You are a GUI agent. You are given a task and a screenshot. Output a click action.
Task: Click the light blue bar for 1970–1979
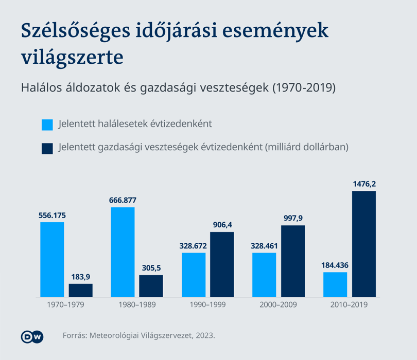[52, 259]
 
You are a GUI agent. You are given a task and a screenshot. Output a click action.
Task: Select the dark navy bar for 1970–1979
[81, 290]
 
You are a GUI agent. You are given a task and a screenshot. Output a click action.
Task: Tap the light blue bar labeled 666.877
[123, 252]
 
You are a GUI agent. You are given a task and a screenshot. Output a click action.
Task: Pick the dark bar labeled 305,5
[151, 286]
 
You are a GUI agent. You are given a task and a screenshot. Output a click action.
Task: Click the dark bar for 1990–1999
[222, 264]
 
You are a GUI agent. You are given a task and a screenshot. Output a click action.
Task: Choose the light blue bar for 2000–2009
[264, 275]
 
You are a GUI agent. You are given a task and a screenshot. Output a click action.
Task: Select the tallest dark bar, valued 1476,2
[364, 244]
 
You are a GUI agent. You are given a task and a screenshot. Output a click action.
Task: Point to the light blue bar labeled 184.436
[335, 284]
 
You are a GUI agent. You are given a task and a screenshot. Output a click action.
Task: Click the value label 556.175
[52, 215]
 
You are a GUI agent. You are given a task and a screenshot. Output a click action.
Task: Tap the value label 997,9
[293, 218]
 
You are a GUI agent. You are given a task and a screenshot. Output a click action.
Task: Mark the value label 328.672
[193, 246]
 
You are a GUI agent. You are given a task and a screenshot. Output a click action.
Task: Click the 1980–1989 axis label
[137, 304]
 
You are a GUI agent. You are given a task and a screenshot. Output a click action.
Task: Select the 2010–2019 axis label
[349, 304]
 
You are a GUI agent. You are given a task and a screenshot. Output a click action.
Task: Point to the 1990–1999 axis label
[207, 304]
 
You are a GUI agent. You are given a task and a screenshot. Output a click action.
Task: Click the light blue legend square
[47, 125]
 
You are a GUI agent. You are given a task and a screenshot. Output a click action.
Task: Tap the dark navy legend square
[47, 149]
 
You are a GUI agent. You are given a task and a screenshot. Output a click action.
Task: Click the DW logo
[32, 337]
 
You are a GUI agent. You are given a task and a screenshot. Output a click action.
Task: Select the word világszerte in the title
[73, 58]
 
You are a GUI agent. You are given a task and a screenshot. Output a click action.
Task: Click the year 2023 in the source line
[204, 335]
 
